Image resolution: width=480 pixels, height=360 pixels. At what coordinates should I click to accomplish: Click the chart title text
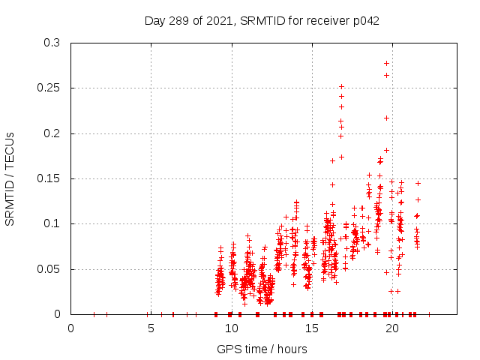pos(262,21)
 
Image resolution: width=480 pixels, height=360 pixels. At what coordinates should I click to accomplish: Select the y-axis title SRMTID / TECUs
pos(10,178)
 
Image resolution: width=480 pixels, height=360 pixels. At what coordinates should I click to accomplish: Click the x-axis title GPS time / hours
pos(262,349)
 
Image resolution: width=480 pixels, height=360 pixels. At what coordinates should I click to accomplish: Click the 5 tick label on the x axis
pos(151,328)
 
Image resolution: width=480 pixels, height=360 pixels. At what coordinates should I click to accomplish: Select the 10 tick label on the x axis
pos(231,328)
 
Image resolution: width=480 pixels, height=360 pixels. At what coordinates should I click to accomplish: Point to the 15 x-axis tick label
pos(311,328)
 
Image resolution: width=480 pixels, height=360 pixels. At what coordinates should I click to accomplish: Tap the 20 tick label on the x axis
pos(391,328)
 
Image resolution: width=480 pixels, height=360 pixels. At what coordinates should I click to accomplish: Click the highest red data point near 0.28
pos(387,63)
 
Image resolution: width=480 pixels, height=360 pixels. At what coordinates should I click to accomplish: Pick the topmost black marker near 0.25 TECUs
pos(341,86)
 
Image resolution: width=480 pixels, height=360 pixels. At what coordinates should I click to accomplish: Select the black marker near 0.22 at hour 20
pos(387,118)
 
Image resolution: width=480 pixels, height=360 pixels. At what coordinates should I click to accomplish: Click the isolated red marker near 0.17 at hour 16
pos(332,160)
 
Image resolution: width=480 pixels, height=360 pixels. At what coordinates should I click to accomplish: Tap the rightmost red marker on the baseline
pos(429,314)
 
